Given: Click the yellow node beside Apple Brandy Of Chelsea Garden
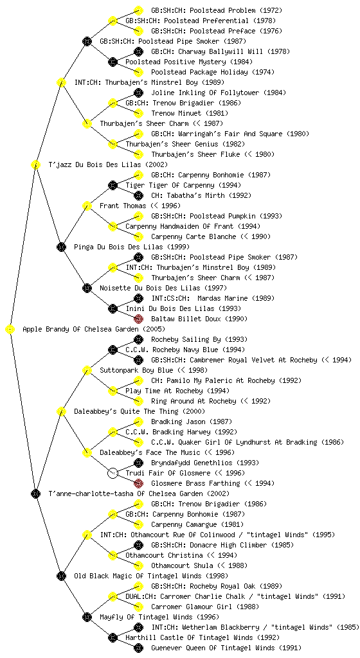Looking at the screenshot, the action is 10,330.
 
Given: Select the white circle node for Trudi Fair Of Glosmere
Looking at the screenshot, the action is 113,474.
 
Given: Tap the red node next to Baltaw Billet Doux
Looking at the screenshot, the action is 138,319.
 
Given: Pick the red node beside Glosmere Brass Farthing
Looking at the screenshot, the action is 138,483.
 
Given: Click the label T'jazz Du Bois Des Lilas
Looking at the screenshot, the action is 108,164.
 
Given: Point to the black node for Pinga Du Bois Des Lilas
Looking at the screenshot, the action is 61,247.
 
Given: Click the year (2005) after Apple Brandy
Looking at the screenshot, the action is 154,330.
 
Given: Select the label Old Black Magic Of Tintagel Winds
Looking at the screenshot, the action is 151,576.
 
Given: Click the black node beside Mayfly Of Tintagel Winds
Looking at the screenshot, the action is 87,617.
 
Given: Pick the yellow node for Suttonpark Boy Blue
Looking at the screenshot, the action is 87,370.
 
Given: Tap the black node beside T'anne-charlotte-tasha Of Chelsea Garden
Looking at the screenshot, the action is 35,493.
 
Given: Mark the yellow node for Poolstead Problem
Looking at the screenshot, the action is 138,10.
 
